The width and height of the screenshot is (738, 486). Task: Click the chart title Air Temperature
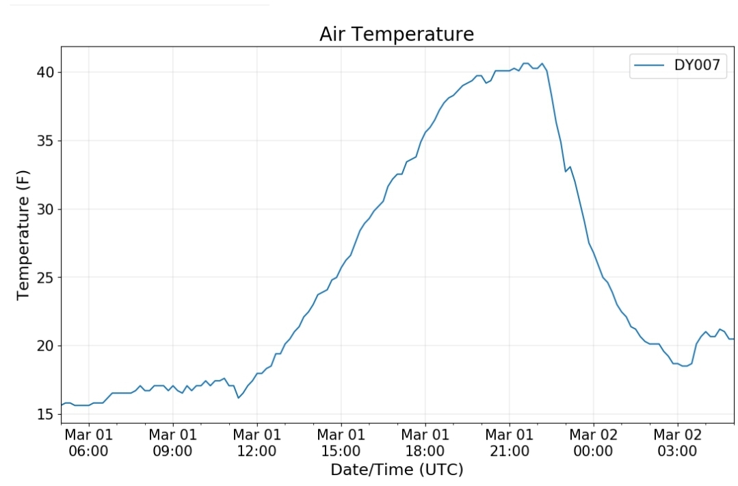[396, 34]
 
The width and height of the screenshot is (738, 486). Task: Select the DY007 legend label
[697, 64]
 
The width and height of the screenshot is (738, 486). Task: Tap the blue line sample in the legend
[649, 65]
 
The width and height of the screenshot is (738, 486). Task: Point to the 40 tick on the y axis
[46, 72]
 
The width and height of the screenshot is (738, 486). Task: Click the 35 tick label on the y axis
[46, 141]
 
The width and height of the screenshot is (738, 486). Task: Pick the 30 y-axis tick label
[46, 209]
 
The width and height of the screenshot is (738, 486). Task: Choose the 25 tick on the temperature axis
[46, 277]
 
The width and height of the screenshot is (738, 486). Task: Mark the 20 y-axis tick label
[46, 346]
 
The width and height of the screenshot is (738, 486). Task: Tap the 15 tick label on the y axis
[46, 414]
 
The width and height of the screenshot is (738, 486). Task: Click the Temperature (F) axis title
[23, 235]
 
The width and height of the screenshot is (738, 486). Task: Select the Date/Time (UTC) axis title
[397, 470]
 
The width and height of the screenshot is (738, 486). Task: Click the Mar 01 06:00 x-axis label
[88, 443]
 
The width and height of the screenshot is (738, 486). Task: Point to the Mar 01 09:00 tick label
[173, 443]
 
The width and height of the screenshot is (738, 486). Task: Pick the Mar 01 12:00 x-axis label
[257, 443]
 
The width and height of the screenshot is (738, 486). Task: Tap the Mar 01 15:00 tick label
[341, 443]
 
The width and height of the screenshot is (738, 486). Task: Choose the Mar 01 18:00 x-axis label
[425, 443]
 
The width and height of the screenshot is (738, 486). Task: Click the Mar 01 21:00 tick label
[510, 443]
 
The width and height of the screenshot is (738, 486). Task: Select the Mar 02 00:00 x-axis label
[593, 443]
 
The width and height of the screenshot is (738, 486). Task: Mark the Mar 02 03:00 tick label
[677, 443]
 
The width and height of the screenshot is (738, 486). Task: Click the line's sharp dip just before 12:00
[238, 398]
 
